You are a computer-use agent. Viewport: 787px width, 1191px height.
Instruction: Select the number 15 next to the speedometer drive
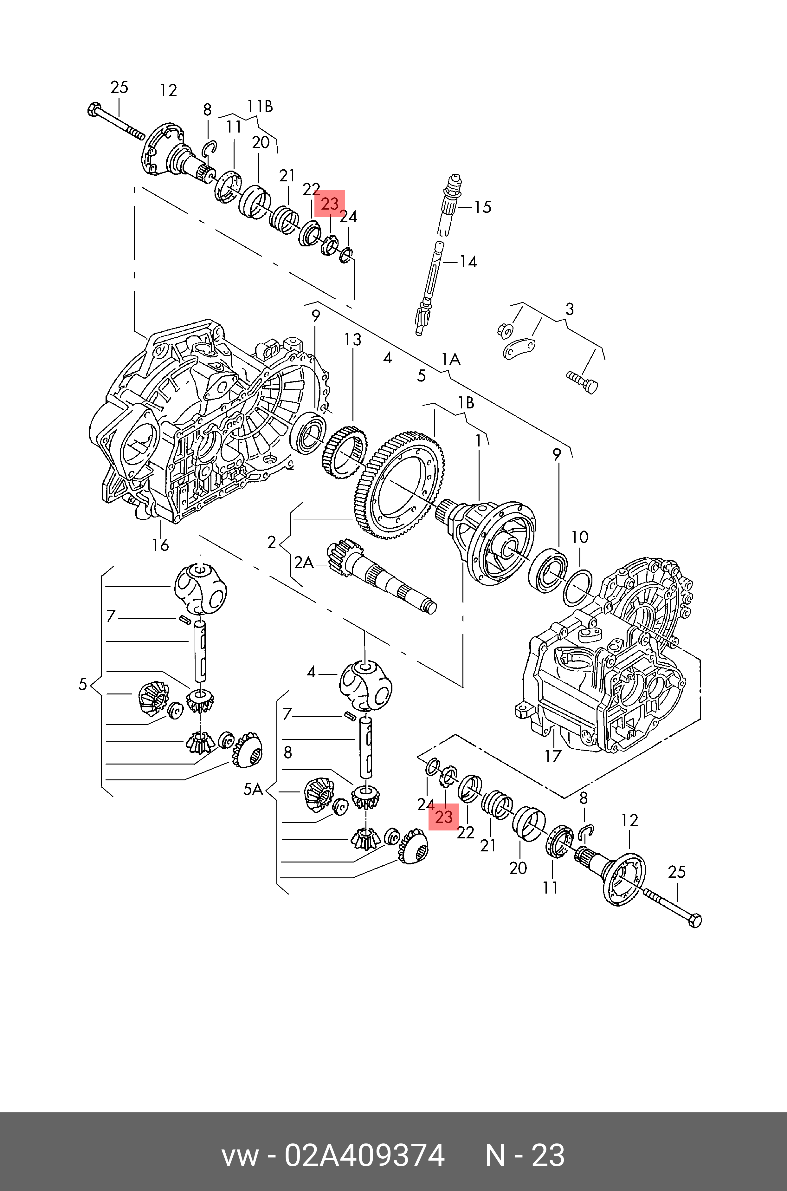point(483,207)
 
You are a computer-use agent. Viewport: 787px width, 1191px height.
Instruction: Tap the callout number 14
point(468,262)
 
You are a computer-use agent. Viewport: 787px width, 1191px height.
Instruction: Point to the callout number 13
point(352,340)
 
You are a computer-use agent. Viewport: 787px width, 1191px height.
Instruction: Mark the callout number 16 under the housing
point(161,545)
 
